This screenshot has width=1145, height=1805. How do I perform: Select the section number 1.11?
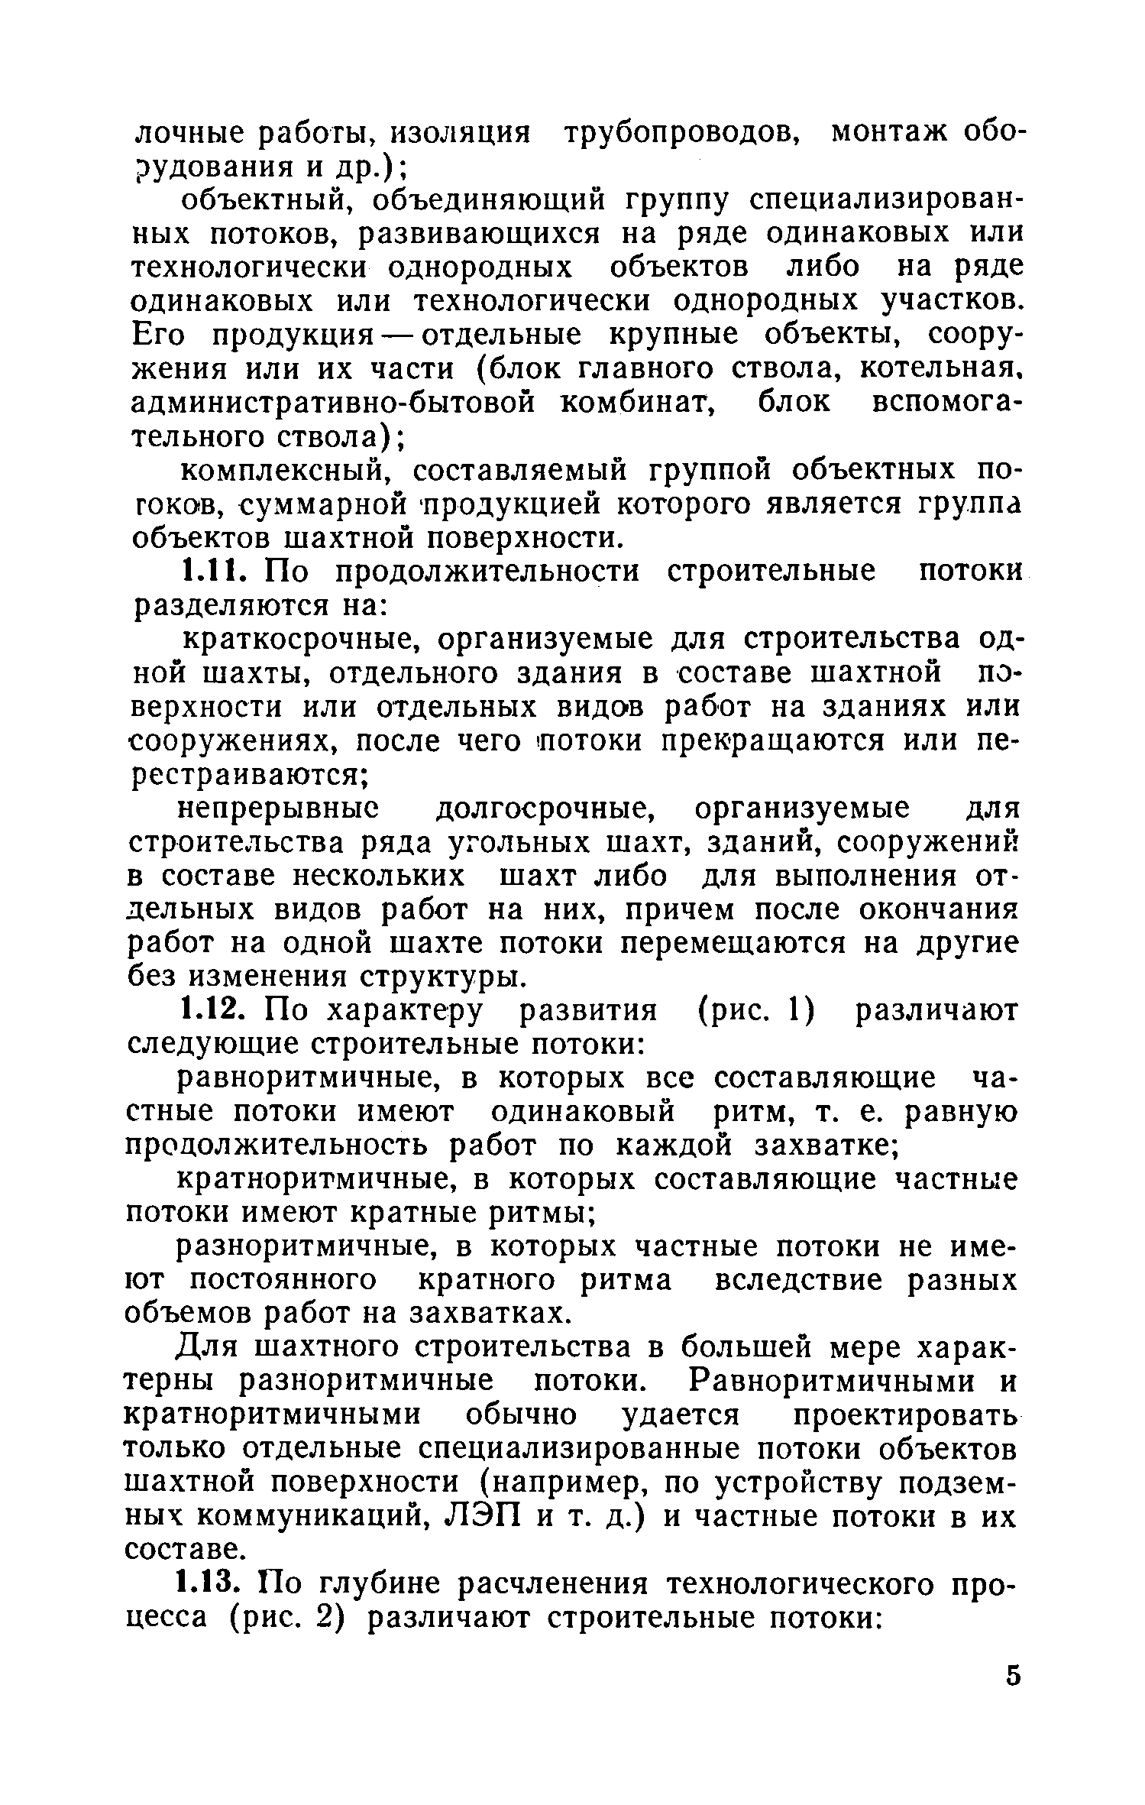tap(216, 572)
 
